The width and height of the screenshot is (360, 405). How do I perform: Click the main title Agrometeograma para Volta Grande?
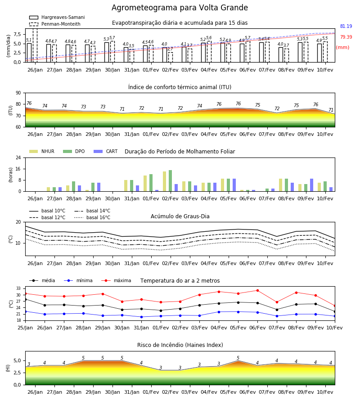pyautogui.click(x=180, y=8)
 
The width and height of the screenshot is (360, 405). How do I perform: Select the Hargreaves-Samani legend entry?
pyautogui.click(x=57, y=17)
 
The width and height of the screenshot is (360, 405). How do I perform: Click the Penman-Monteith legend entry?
pyautogui.click(x=55, y=24)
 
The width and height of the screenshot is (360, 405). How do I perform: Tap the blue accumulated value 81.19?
pyautogui.click(x=346, y=27)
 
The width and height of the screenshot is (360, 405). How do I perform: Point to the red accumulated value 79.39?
pyautogui.click(x=346, y=37)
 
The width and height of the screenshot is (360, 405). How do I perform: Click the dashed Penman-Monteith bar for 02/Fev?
pyautogui.click(x=171, y=57)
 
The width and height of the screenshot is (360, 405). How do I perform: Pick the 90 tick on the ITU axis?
pyautogui.click(x=18, y=93)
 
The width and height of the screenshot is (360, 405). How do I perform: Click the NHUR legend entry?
pyautogui.click(x=42, y=151)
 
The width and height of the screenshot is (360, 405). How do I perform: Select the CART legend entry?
pyautogui.click(x=105, y=151)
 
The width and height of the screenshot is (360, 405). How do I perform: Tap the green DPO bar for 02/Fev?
pyautogui.click(x=171, y=181)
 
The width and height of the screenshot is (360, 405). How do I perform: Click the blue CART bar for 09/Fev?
pyautogui.click(x=312, y=185)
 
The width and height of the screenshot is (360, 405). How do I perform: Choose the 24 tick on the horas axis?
pyautogui.click(x=18, y=157)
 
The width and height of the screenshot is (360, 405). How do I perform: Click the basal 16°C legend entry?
pyautogui.click(x=92, y=217)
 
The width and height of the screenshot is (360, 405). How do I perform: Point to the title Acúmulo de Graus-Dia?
pyautogui.click(x=180, y=216)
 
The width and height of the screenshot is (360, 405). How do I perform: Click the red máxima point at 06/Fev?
pyautogui.click(x=257, y=291)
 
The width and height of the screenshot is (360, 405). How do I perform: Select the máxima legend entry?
pyautogui.click(x=116, y=280)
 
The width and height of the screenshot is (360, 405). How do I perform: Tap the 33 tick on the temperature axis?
pyautogui.click(x=18, y=288)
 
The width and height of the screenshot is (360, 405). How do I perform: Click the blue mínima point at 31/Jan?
pyautogui.click(x=141, y=317)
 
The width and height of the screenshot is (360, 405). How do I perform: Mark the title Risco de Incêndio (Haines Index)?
pyautogui.click(x=180, y=345)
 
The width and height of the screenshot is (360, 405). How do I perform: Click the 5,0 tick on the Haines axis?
pyautogui.click(x=17, y=361)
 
